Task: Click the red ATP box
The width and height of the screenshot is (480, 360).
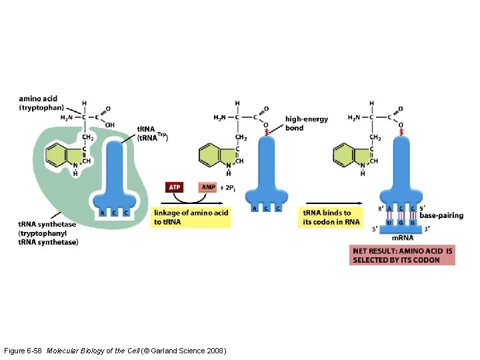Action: [175, 187]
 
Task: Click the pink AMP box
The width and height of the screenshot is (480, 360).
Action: [208, 187]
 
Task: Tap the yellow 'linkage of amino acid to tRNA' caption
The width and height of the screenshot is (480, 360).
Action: [191, 217]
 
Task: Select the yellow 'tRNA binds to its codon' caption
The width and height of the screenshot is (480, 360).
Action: [331, 217]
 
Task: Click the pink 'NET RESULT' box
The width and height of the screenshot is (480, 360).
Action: [402, 255]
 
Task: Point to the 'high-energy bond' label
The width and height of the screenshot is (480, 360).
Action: [306, 123]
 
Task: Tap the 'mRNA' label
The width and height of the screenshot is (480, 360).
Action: [403, 238]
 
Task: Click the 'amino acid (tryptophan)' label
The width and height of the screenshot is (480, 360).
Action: [41, 103]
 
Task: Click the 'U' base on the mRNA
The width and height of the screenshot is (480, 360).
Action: [390, 223]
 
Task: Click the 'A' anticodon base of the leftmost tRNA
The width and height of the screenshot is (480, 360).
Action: [102, 213]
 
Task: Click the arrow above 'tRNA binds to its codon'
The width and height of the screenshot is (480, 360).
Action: [334, 203]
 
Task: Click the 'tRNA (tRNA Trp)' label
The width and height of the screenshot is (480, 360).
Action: [153, 133]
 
